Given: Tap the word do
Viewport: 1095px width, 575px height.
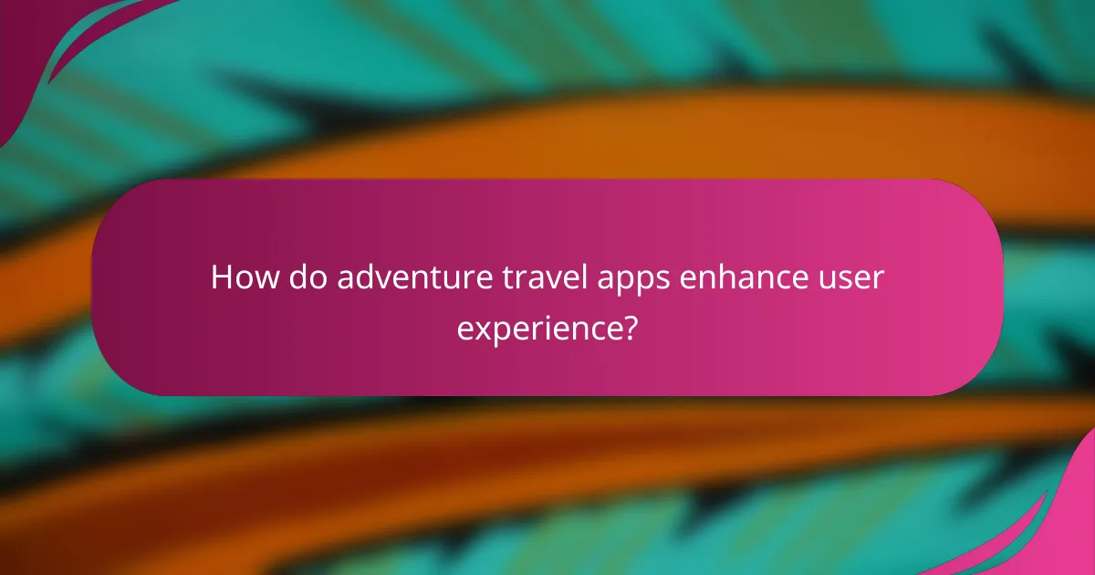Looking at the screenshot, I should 301,277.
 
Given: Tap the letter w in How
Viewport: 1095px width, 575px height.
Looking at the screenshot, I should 256,279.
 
